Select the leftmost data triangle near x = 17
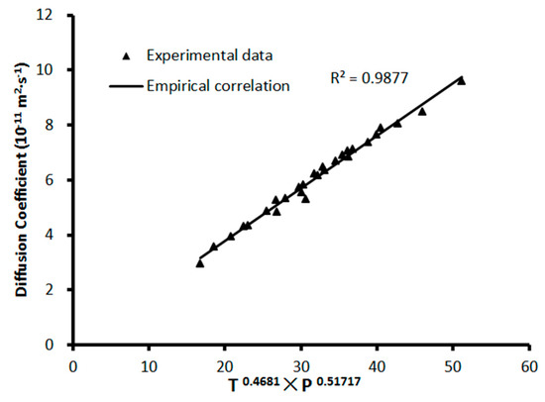coord(200,262)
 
